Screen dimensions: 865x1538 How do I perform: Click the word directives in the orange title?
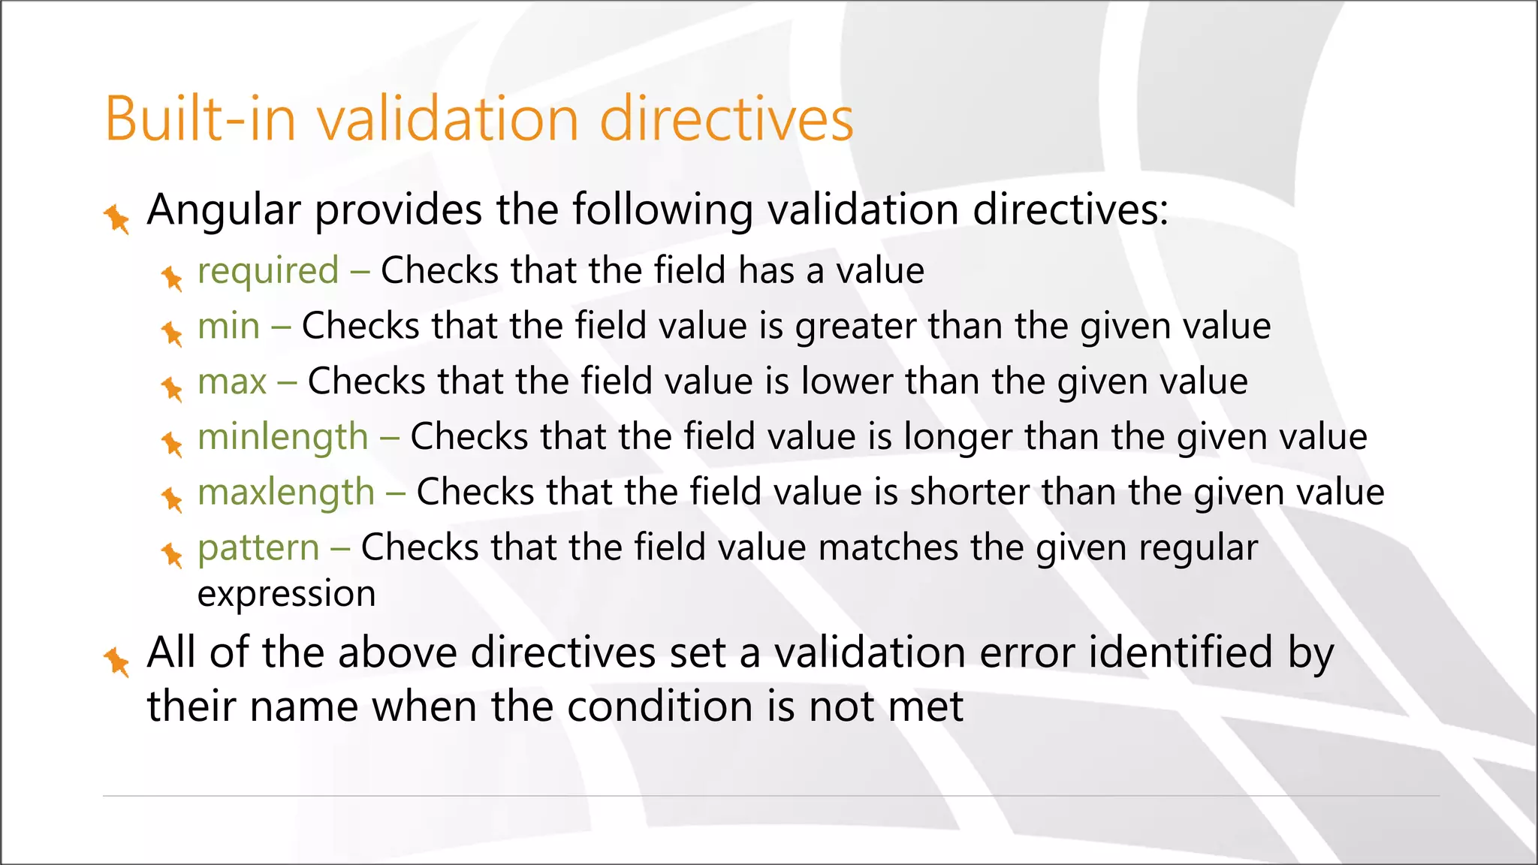[726, 119]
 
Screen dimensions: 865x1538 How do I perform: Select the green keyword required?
[268, 271]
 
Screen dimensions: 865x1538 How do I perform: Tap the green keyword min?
[228, 327]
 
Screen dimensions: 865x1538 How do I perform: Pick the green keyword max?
[231, 382]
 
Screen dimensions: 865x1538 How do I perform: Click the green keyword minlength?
[282, 438]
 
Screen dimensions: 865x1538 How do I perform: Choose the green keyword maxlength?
[285, 493]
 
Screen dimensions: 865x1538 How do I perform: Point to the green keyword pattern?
[258, 549]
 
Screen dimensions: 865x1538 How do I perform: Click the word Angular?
[224, 210]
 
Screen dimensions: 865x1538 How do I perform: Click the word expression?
[286, 595]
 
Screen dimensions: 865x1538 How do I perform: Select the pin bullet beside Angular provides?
[117, 219]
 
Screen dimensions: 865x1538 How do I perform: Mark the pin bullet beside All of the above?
[117, 661]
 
